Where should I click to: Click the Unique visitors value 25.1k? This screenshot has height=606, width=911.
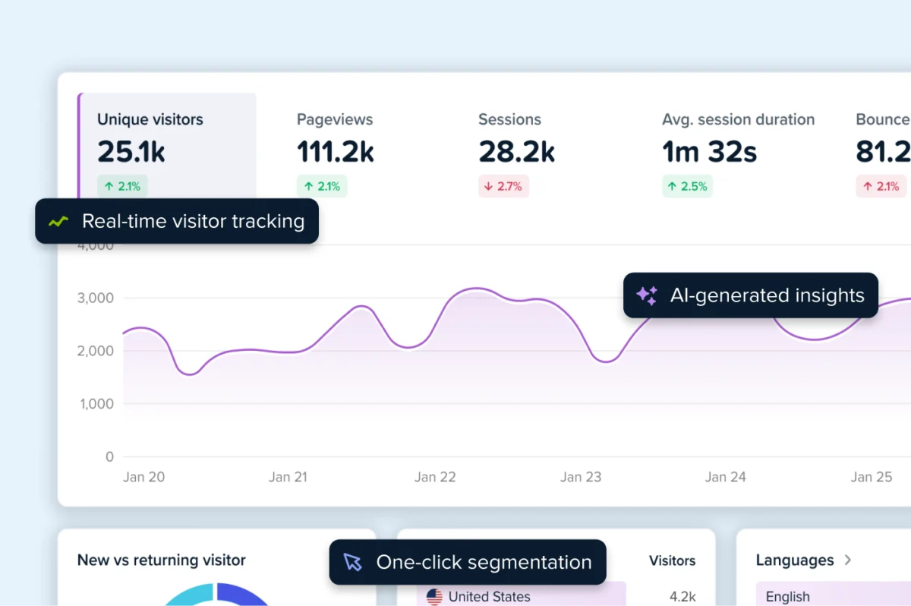(131, 152)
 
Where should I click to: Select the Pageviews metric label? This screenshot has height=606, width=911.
(335, 119)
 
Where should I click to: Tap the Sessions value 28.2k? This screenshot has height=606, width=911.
(516, 152)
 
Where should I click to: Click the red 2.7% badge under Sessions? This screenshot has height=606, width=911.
(503, 186)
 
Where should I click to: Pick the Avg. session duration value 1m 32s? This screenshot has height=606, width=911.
(709, 152)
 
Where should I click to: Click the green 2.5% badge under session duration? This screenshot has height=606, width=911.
(687, 186)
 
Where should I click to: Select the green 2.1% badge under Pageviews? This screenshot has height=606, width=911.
(322, 186)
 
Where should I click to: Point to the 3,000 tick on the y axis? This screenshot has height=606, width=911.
(96, 298)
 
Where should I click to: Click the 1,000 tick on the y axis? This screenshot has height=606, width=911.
(96, 404)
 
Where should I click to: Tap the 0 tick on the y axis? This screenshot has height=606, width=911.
(109, 457)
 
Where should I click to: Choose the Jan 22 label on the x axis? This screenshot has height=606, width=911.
(435, 477)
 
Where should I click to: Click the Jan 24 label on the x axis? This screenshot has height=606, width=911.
(725, 477)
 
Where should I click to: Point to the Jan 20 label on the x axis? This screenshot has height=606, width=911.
(143, 477)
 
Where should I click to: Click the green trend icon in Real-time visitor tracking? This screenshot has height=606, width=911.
(58, 222)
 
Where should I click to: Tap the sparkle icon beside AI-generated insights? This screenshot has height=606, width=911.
(647, 295)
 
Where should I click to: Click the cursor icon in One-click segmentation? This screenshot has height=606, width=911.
(352, 562)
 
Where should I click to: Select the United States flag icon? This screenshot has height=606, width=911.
(434, 597)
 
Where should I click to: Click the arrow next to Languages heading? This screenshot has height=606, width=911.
(848, 560)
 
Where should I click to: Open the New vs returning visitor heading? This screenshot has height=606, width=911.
(161, 560)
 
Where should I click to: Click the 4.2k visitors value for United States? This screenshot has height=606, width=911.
(682, 597)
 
